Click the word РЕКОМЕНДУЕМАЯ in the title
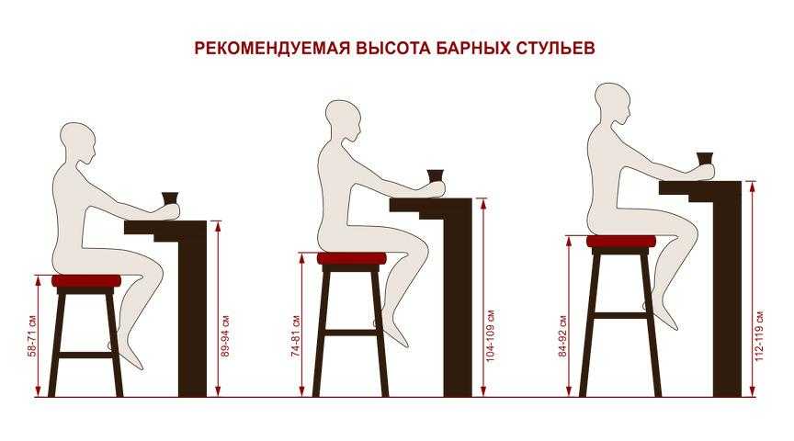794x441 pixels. click(x=272, y=48)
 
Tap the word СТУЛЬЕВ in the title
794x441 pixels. click(x=555, y=48)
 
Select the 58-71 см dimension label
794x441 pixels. click(x=32, y=336)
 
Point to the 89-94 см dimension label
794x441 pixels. click(x=226, y=336)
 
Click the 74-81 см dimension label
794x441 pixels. click(x=296, y=336)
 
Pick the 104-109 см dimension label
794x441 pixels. click(x=490, y=335)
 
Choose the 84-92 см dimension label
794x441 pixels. click(x=563, y=336)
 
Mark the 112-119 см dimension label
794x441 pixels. click(x=759, y=335)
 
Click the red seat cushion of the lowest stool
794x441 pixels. click(x=86, y=281)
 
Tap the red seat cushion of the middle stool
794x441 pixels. click(x=351, y=259)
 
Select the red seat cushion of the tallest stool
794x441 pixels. click(x=621, y=242)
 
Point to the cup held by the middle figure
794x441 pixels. click(x=435, y=175)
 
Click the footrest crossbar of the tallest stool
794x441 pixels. click(x=621, y=315)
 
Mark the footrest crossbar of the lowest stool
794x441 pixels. click(x=86, y=355)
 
